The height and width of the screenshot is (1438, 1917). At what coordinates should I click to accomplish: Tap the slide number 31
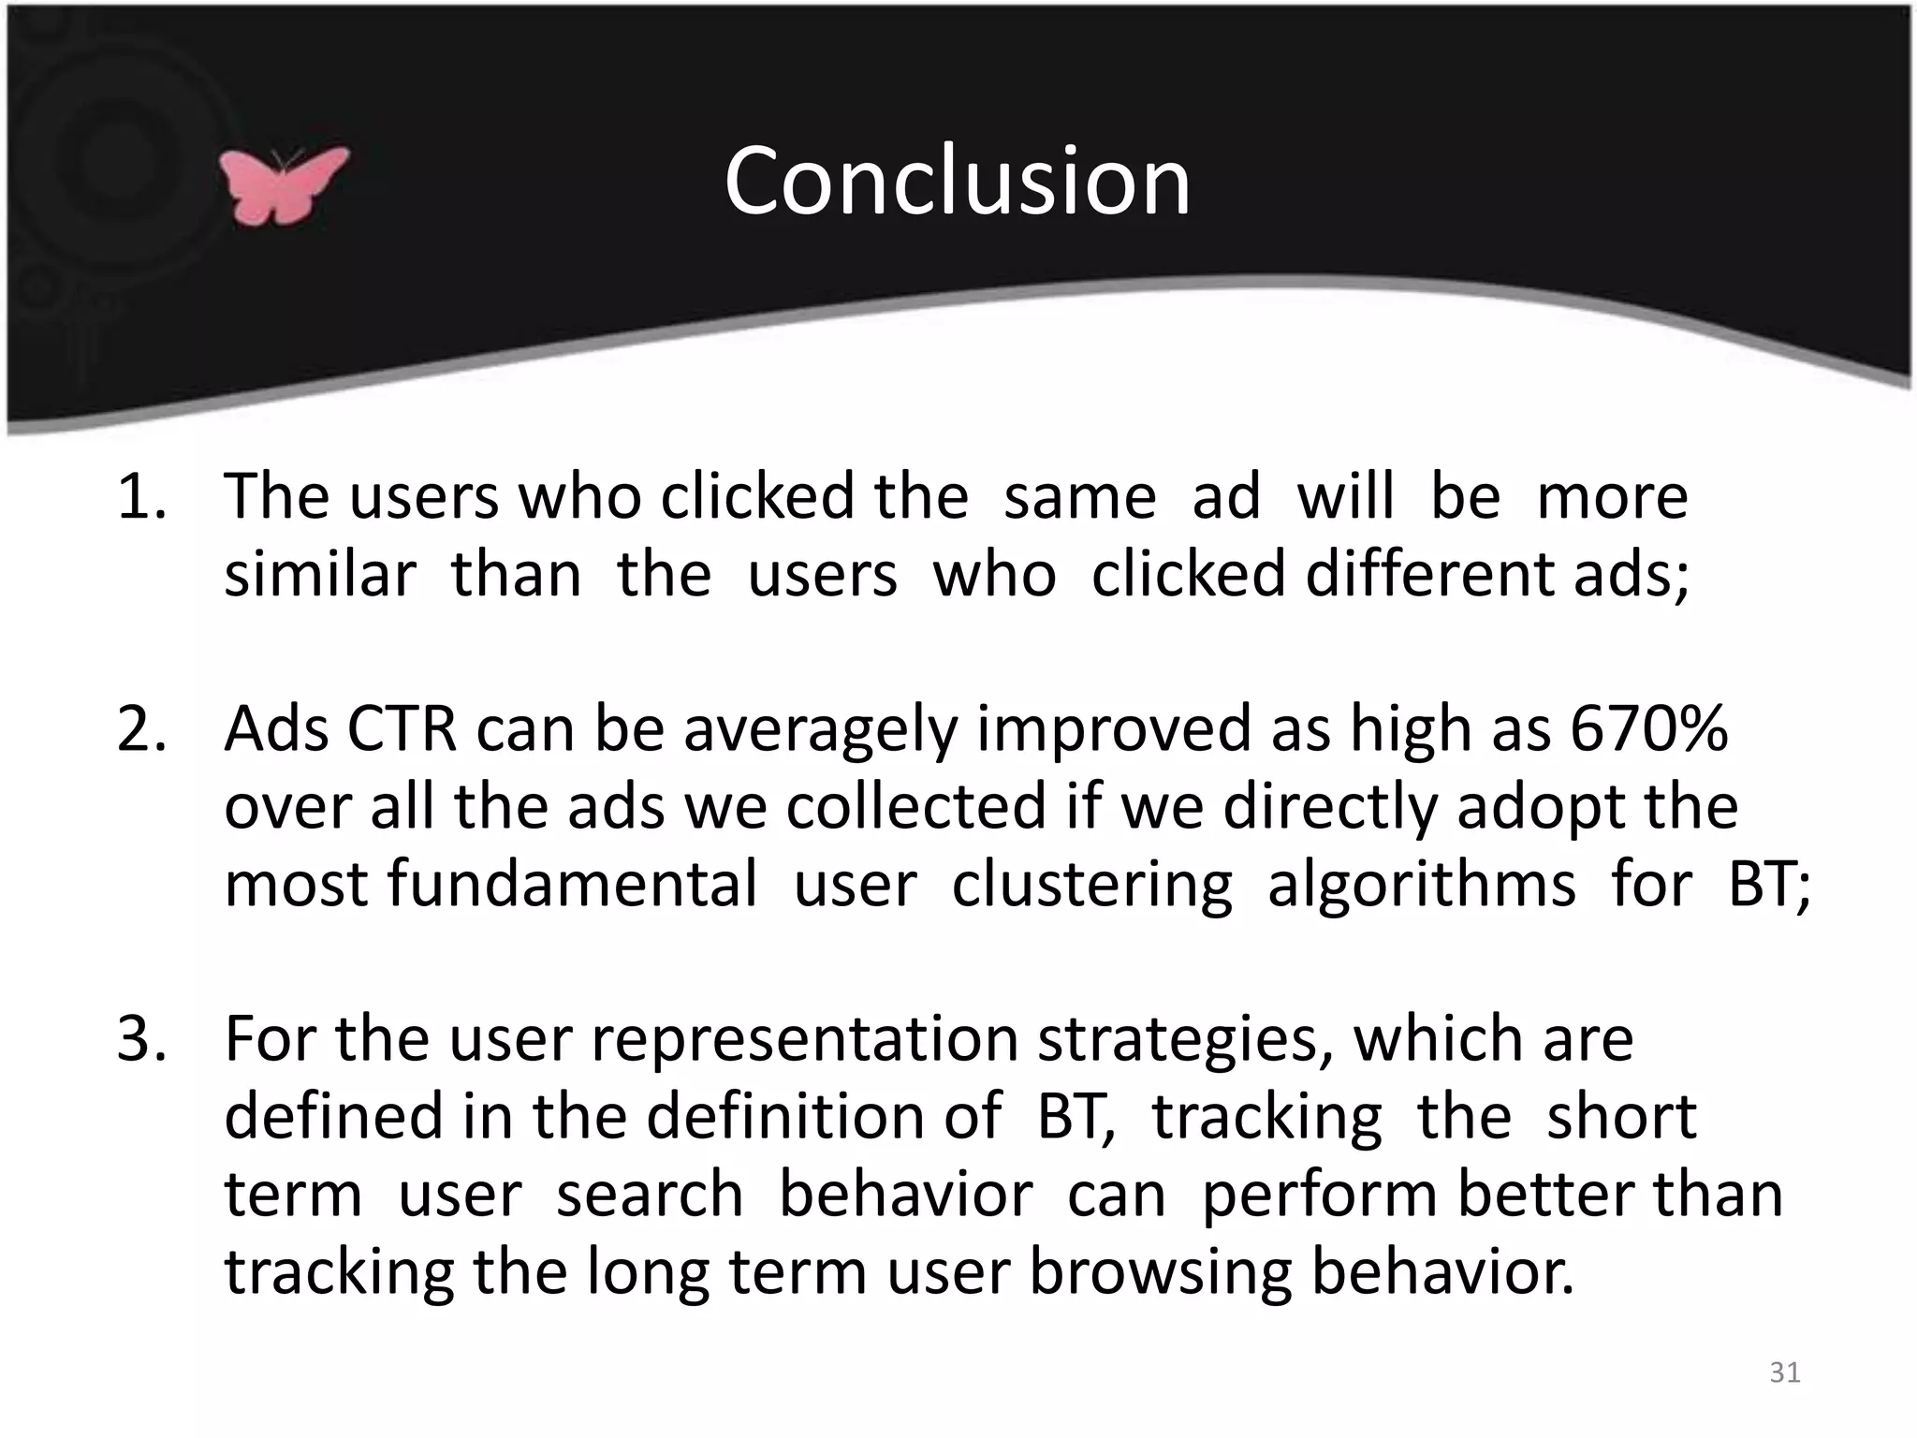pos(1784,1372)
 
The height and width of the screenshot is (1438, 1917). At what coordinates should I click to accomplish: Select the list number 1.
pos(140,496)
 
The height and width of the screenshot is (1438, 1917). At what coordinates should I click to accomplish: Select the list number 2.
pos(140,728)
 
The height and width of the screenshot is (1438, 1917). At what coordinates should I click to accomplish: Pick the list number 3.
pos(140,1038)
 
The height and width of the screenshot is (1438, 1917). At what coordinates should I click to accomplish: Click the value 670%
pos(1647,728)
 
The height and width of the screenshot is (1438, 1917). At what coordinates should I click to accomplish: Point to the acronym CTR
pos(402,728)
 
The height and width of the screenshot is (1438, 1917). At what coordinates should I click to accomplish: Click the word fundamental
pos(571,884)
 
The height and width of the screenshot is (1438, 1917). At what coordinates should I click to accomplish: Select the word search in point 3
pos(650,1195)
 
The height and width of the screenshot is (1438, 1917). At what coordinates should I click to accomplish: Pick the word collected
pos(915,806)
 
